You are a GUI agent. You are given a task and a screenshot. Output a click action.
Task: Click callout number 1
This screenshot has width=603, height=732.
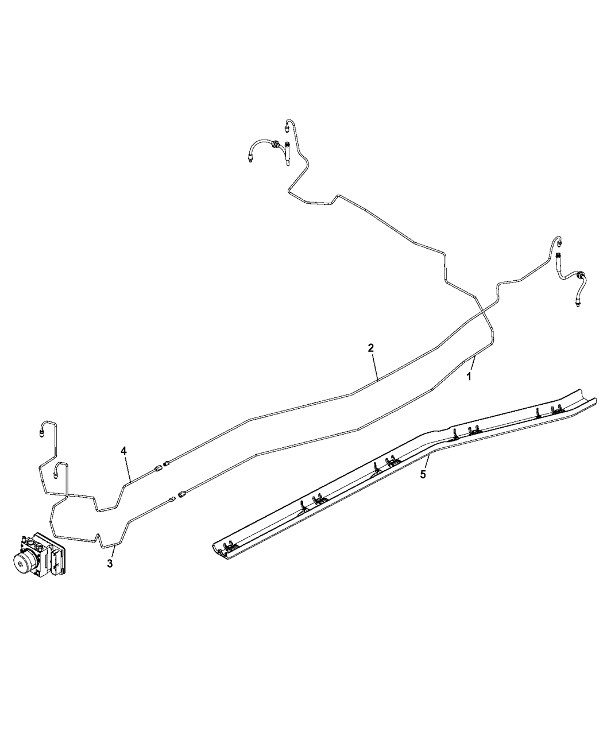[468, 377]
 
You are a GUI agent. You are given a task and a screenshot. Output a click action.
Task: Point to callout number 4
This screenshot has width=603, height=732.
[123, 451]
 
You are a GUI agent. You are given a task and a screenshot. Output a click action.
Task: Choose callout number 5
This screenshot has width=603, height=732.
[423, 475]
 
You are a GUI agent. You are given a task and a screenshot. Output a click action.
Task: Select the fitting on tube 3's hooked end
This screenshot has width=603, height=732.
[56, 475]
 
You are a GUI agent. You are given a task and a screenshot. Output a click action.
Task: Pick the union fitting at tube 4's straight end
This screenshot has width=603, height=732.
[158, 468]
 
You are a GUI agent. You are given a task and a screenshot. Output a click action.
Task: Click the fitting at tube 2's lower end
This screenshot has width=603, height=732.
[167, 463]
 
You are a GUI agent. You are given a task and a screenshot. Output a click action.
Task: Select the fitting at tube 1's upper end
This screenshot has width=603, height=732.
[287, 129]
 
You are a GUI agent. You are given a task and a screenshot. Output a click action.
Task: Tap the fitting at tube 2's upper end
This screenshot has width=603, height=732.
[559, 242]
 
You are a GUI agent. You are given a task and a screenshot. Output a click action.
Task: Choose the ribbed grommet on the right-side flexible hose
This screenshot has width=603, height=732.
[580, 274]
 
